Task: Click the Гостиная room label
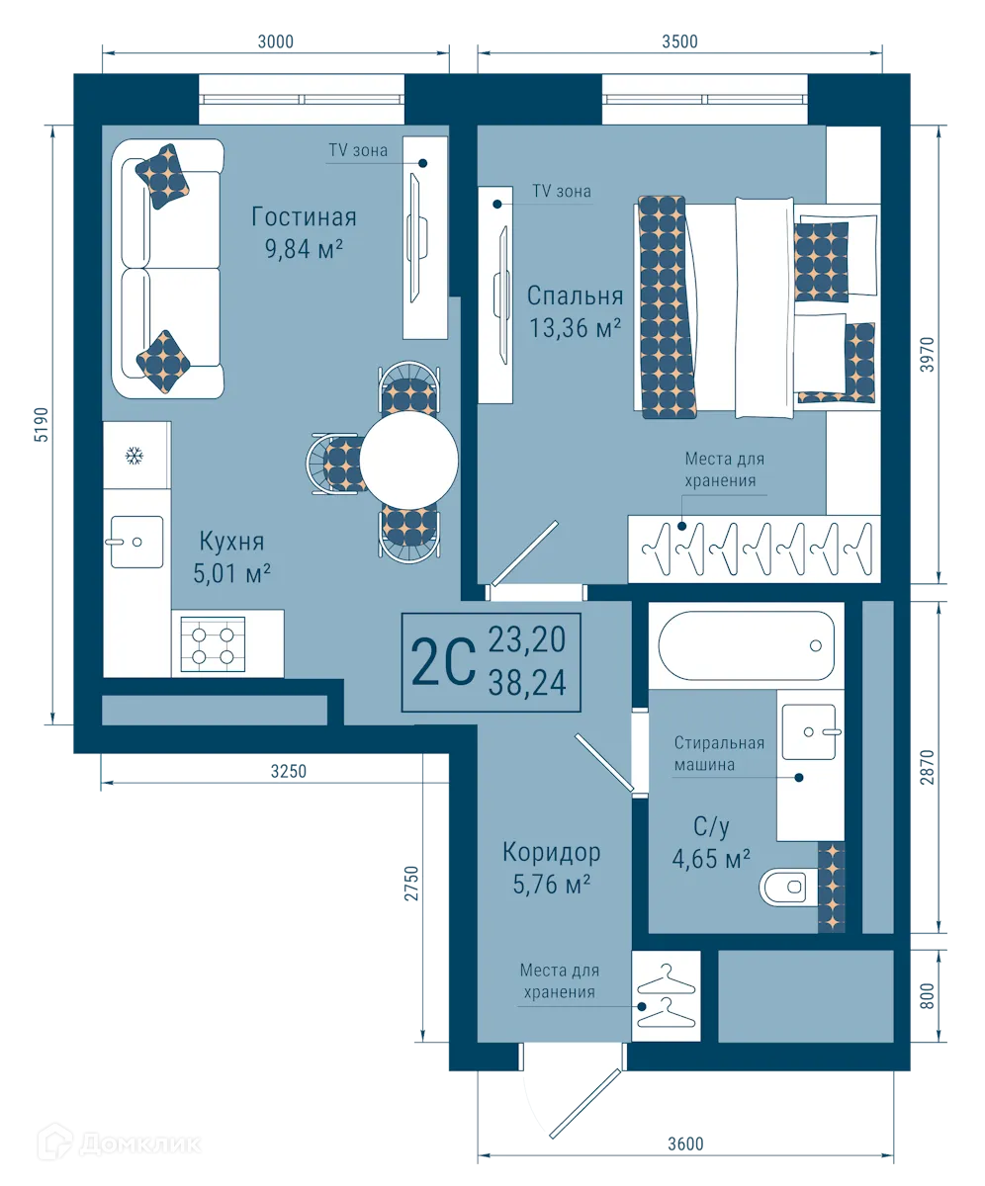(304, 217)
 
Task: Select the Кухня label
(231, 542)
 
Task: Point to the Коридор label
(551, 852)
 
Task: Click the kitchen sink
(136, 542)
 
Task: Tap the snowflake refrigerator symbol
(134, 456)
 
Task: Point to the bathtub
(747, 645)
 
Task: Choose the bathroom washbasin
(808, 732)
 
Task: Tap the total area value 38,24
(527, 683)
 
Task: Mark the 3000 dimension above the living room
(276, 42)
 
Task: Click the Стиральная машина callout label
(719, 753)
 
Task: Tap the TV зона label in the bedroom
(561, 192)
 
